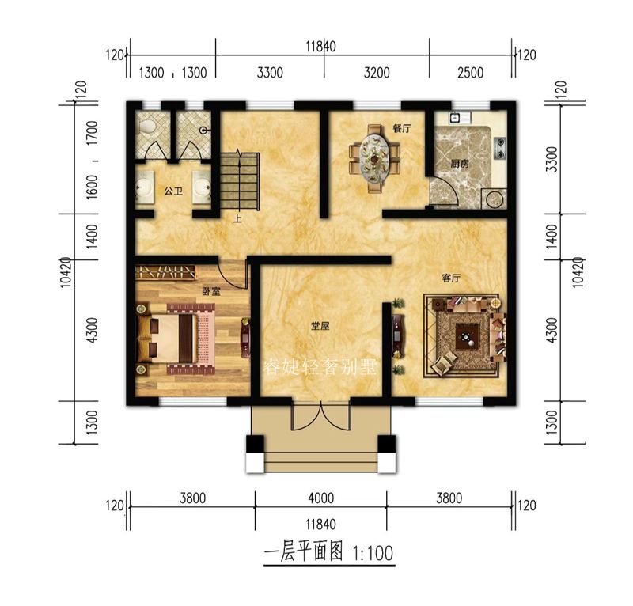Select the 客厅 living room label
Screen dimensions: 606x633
(x=452, y=278)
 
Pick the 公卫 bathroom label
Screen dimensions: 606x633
(x=173, y=191)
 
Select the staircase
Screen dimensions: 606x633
(x=239, y=180)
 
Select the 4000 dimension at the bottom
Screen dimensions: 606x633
(x=320, y=499)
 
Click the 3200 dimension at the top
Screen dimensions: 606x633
(x=377, y=74)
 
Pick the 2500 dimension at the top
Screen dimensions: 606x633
(x=470, y=74)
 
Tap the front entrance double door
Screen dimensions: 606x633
(x=320, y=417)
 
